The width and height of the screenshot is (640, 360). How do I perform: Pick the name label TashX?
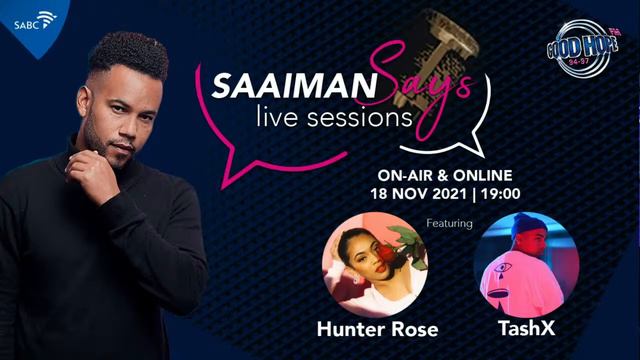tap(525, 327)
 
